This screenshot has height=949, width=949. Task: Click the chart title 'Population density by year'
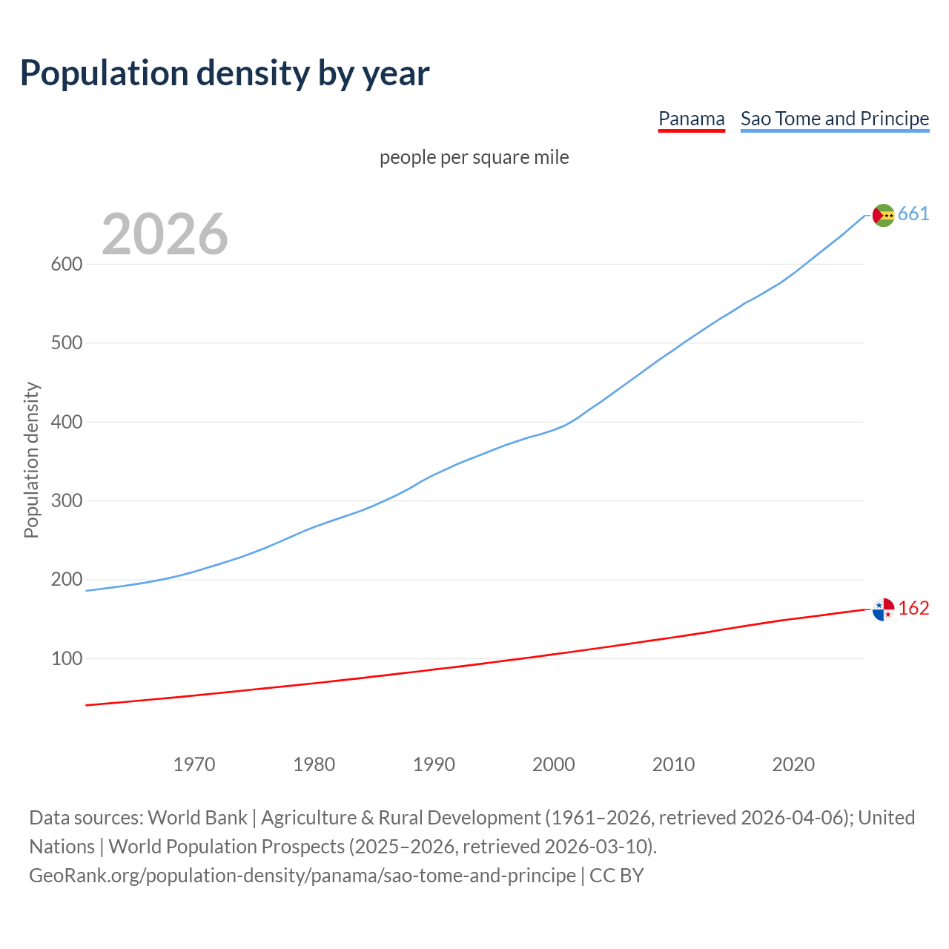pyautogui.click(x=225, y=73)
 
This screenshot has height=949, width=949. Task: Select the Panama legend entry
pyautogui.click(x=691, y=119)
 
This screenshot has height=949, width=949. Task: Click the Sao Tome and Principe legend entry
pyautogui.click(x=835, y=119)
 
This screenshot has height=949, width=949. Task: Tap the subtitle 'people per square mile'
pyautogui.click(x=474, y=157)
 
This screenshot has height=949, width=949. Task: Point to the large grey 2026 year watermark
pyautogui.click(x=165, y=234)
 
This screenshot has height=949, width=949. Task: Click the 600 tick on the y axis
pyautogui.click(x=66, y=264)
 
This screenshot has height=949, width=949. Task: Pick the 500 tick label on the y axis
pyautogui.click(x=66, y=343)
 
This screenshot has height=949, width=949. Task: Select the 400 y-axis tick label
pyautogui.click(x=66, y=422)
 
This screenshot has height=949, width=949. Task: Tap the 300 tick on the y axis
pyautogui.click(x=66, y=500)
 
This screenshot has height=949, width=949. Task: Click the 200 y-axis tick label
pyautogui.click(x=66, y=580)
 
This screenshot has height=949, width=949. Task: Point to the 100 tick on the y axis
pyautogui.click(x=66, y=658)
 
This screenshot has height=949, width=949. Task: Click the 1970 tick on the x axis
pyautogui.click(x=194, y=764)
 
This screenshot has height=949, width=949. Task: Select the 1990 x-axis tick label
pyautogui.click(x=434, y=764)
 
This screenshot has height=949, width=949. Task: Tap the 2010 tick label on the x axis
pyautogui.click(x=673, y=764)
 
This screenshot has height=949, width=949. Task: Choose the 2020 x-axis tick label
pyautogui.click(x=793, y=764)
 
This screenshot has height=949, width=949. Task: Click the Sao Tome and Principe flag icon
pyautogui.click(x=883, y=215)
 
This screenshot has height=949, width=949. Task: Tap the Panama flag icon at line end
pyautogui.click(x=883, y=609)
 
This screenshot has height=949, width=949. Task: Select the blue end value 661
pyautogui.click(x=913, y=214)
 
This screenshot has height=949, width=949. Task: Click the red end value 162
pyautogui.click(x=913, y=609)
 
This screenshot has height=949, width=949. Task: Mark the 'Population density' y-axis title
pyautogui.click(x=31, y=460)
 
